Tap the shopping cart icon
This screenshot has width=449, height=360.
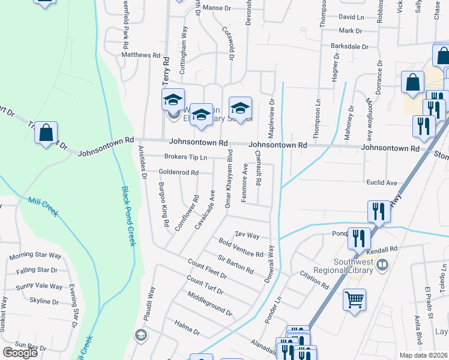354,299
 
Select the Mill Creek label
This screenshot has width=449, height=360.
41,204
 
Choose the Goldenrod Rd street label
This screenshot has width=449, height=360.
178,173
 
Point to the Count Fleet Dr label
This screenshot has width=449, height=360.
206,268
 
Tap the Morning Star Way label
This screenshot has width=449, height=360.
35,256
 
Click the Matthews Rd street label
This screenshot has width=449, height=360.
141,55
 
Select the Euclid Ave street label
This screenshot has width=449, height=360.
382,182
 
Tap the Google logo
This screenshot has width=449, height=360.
20,353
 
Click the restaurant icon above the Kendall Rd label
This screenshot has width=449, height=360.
359,238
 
